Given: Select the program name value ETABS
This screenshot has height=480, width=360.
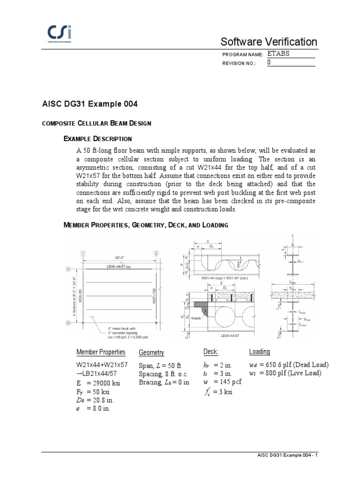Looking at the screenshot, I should [x=278, y=53].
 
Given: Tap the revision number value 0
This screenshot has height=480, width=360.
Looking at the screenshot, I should [x=269, y=62].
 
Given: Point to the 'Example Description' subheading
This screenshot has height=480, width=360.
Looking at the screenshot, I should [x=97, y=139].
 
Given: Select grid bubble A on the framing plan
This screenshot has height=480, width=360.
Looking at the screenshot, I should [x=67, y=269].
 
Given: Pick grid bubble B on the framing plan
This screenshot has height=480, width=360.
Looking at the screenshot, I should [x=67, y=323].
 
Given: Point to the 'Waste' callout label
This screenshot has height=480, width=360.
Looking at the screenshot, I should [x=196, y=319].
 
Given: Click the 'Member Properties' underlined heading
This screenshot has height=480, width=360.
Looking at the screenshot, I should [x=101, y=352].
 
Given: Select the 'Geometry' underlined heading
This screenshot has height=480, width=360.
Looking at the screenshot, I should [x=151, y=352].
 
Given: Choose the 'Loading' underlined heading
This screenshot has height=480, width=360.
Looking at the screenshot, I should [x=260, y=352].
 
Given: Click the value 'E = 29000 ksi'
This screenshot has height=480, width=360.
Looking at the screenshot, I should [x=98, y=383].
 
